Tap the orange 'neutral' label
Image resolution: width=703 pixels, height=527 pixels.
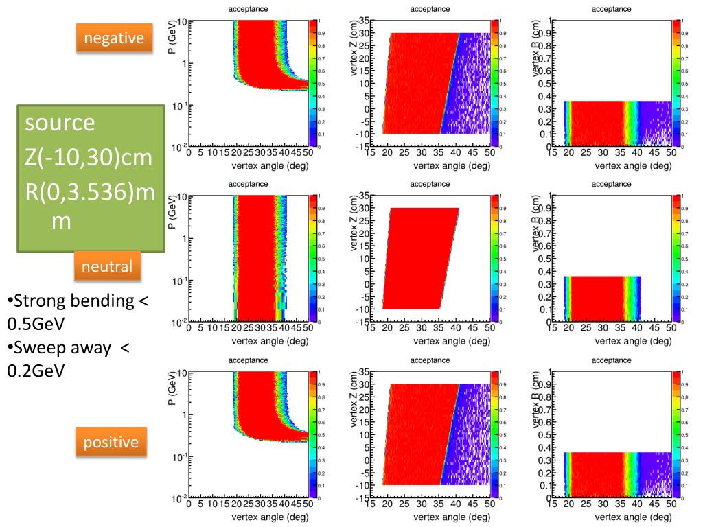108,266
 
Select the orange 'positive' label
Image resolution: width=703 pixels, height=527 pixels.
111,443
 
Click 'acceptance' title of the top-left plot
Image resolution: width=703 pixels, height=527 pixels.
249,8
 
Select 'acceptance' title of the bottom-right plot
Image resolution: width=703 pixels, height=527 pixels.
611,360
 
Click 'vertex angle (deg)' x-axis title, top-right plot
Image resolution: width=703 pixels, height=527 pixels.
633,165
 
